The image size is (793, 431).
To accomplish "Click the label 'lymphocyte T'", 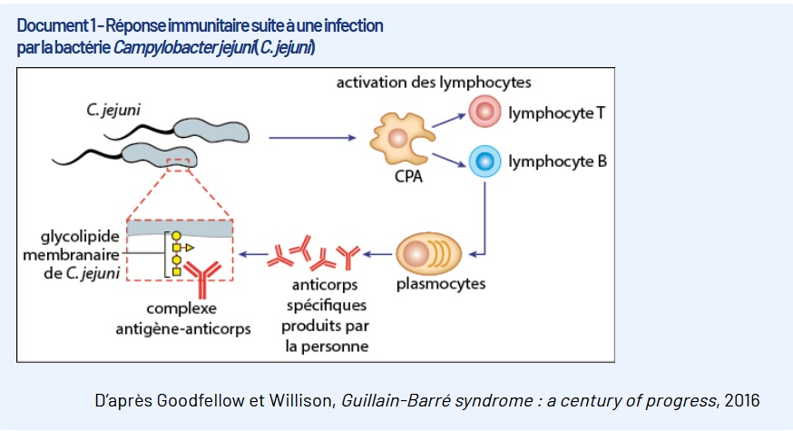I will point(557,113).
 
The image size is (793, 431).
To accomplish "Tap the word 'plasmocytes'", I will point(441,284).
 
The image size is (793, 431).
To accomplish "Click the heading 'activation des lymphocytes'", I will point(434,83).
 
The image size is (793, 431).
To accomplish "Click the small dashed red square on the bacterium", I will point(179,163).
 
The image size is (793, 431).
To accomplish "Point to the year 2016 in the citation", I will point(742,400).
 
